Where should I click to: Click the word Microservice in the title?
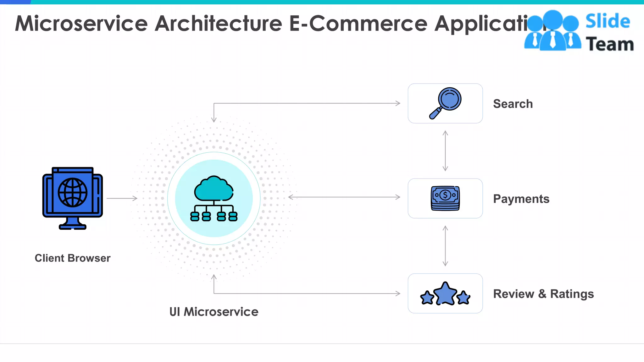tap(81, 24)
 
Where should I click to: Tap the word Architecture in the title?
tap(219, 24)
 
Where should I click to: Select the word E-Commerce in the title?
tap(358, 24)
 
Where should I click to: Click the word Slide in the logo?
tap(608, 21)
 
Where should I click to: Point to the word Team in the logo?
tap(610, 44)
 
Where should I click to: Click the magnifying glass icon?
tap(446, 103)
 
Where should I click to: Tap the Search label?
tap(513, 104)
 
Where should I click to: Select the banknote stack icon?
tap(445, 198)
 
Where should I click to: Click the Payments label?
tap(521, 199)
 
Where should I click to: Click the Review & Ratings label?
tap(543, 294)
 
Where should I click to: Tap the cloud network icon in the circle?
tap(214, 198)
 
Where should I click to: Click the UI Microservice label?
tap(214, 312)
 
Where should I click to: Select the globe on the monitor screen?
tap(73, 193)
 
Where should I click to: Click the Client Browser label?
tap(73, 258)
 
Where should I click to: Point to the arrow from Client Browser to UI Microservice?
tap(122, 198)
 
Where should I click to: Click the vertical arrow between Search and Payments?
tap(445, 151)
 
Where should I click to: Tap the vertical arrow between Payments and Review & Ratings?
tap(445, 246)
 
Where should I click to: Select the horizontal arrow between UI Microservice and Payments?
tap(344, 197)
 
